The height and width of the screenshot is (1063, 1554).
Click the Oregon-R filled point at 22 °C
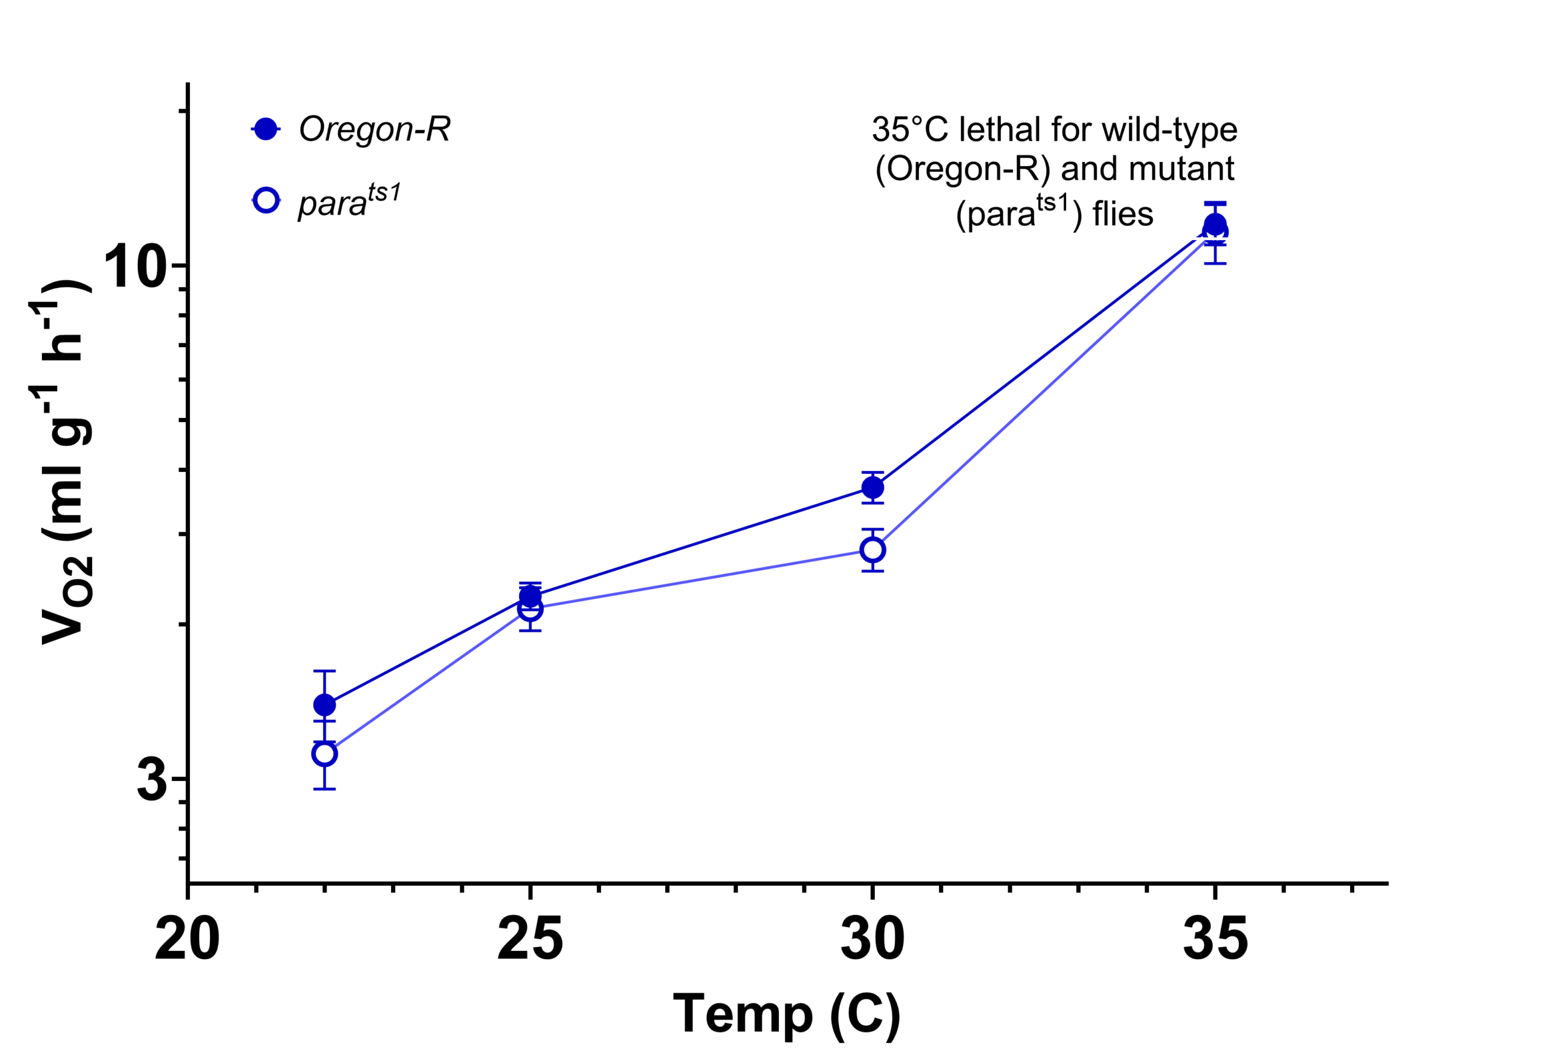[x=324, y=704]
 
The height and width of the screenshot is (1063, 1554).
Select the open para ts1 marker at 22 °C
[x=324, y=754]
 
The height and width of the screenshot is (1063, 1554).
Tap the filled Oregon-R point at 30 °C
[x=873, y=487]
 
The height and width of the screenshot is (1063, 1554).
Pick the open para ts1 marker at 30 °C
[x=873, y=550]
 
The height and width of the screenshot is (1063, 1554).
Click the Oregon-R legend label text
[x=375, y=129]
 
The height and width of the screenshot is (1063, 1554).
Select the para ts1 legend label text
[x=348, y=201]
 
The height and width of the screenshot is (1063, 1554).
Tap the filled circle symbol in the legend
[x=266, y=129]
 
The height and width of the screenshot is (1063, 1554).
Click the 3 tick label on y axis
[x=152, y=780]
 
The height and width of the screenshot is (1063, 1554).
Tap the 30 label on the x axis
[x=873, y=939]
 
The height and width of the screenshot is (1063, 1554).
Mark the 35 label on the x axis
[x=1215, y=939]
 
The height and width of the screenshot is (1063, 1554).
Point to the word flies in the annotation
[x=1123, y=215]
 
